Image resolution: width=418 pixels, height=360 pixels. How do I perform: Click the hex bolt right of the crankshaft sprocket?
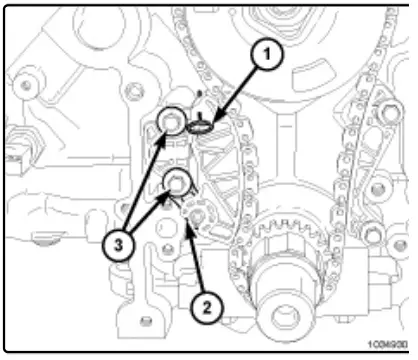coord(372,236)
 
